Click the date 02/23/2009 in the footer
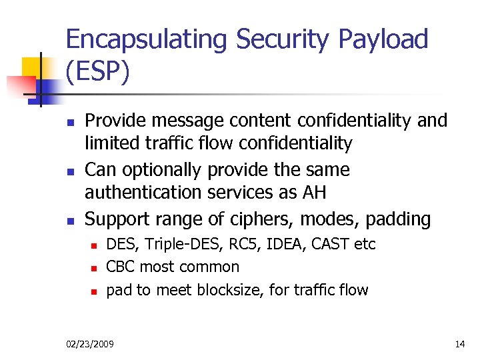[x=90, y=344]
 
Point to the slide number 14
[x=459, y=344]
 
